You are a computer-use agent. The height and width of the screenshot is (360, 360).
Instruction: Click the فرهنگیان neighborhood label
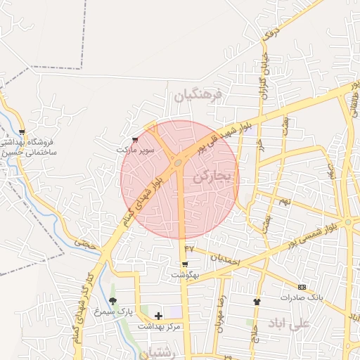pyautogui.click(x=198, y=95)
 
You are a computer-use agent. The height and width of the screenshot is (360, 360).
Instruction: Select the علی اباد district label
pyautogui.click(x=288, y=323)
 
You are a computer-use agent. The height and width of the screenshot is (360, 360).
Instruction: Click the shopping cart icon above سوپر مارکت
pyautogui.click(x=136, y=140)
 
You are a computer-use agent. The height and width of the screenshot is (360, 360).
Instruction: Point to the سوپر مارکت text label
pyautogui.click(x=136, y=150)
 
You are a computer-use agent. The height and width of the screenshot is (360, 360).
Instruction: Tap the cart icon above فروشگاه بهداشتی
pyautogui.click(x=22, y=131)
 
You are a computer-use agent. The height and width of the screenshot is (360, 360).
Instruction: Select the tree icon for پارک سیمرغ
pyautogui.click(x=112, y=301)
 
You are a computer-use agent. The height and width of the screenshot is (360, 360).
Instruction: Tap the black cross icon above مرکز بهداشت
pyautogui.click(x=158, y=316)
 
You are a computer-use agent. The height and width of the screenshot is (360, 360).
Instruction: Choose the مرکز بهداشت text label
pyautogui.click(x=160, y=326)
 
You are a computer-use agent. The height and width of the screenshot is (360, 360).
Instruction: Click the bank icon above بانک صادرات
pyautogui.click(x=302, y=287)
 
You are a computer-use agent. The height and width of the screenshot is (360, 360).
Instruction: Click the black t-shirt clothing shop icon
pyautogui.click(x=257, y=302)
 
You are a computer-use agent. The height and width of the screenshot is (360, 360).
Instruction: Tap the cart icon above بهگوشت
pyautogui.click(x=184, y=265)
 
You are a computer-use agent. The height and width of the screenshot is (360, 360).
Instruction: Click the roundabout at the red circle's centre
pyautogui.click(x=179, y=163)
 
